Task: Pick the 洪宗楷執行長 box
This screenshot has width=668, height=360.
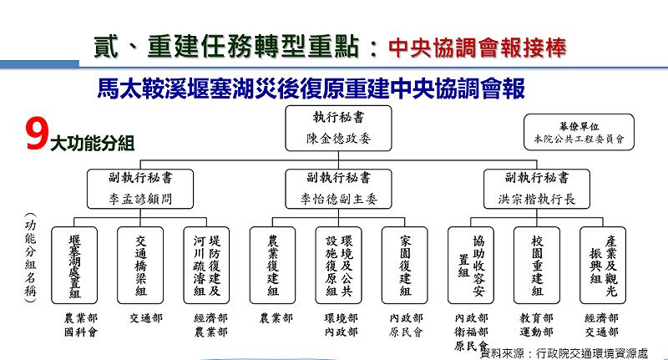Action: [x=537, y=189]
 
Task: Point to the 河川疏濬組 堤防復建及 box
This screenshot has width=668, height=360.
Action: [x=208, y=264]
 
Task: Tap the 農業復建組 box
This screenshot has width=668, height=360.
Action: [x=273, y=264]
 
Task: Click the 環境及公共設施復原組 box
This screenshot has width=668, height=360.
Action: [x=340, y=264]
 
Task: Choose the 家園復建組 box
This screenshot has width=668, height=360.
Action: [x=406, y=264]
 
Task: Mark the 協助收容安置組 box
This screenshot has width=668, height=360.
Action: [x=472, y=264]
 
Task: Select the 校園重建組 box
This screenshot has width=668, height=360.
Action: [x=538, y=264]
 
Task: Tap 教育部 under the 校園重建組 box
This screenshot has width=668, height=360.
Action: [x=538, y=318]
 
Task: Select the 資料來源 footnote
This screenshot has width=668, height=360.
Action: [x=564, y=352]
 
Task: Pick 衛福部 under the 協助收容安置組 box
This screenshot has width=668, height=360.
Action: [x=472, y=332]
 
